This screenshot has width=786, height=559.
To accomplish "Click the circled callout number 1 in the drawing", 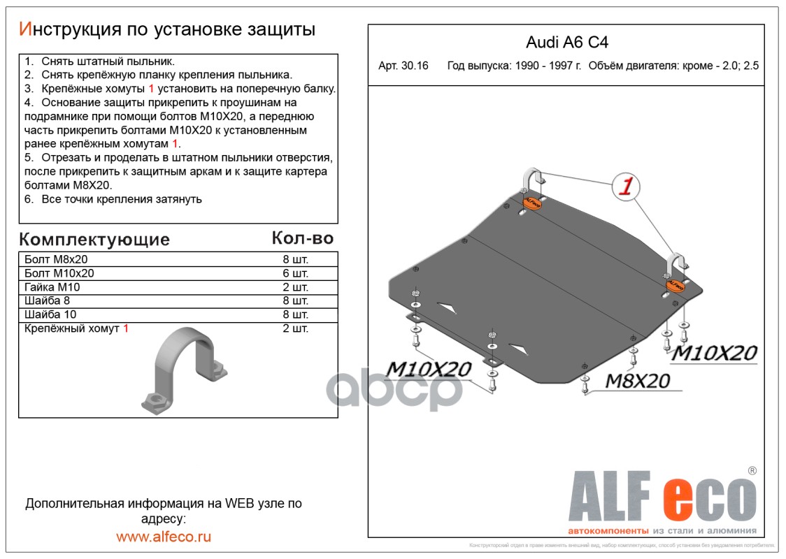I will [626, 187].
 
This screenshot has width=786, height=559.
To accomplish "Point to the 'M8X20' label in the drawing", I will [636, 381].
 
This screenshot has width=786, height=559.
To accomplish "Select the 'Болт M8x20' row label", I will [56, 259].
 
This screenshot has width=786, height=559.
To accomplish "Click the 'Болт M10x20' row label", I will [59, 273].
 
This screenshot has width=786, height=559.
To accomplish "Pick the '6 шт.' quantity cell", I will [295, 273].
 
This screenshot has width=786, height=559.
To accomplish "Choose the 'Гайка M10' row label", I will [52, 287].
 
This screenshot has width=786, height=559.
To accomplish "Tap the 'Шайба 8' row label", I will [48, 301].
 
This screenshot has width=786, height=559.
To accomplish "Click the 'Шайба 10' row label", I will [51, 314].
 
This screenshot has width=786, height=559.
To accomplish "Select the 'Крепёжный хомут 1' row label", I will [76, 328].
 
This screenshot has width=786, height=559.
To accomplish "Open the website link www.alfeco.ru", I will [164, 537].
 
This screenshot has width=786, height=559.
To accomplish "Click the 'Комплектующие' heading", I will [94, 240].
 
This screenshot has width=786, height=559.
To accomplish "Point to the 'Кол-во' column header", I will [302, 238].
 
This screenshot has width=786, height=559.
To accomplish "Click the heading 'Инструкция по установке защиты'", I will [167, 29].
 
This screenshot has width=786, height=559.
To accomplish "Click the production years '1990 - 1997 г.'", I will [514, 67].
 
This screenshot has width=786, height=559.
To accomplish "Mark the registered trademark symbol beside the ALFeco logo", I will [752, 472].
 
